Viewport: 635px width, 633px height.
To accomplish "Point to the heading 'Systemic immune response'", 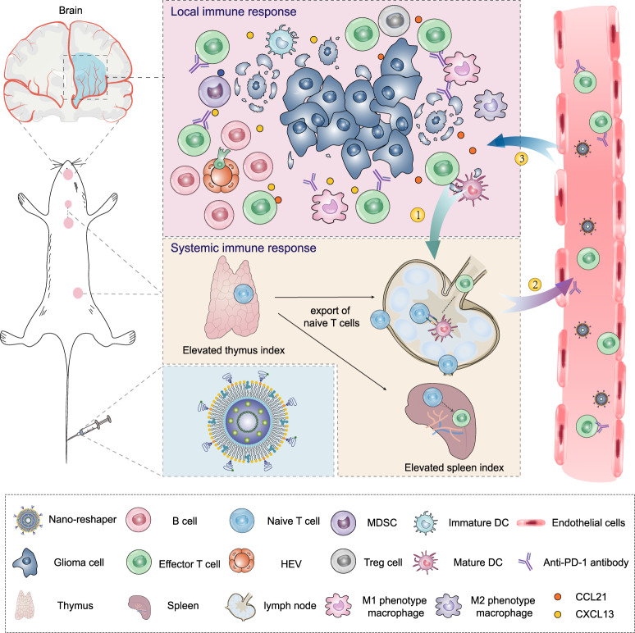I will click(240, 246).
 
